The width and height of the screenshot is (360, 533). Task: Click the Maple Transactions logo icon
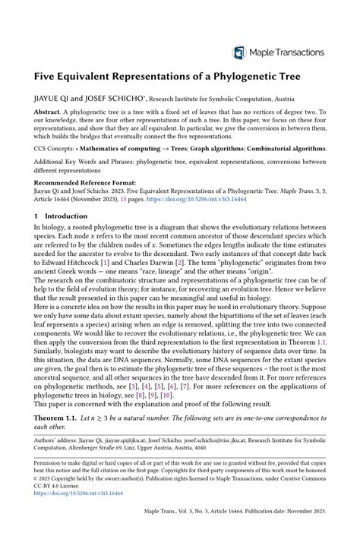(x=240, y=52)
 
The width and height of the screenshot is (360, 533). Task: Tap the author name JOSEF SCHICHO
(x=119, y=98)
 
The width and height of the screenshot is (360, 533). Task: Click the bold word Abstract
(x=46, y=111)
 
